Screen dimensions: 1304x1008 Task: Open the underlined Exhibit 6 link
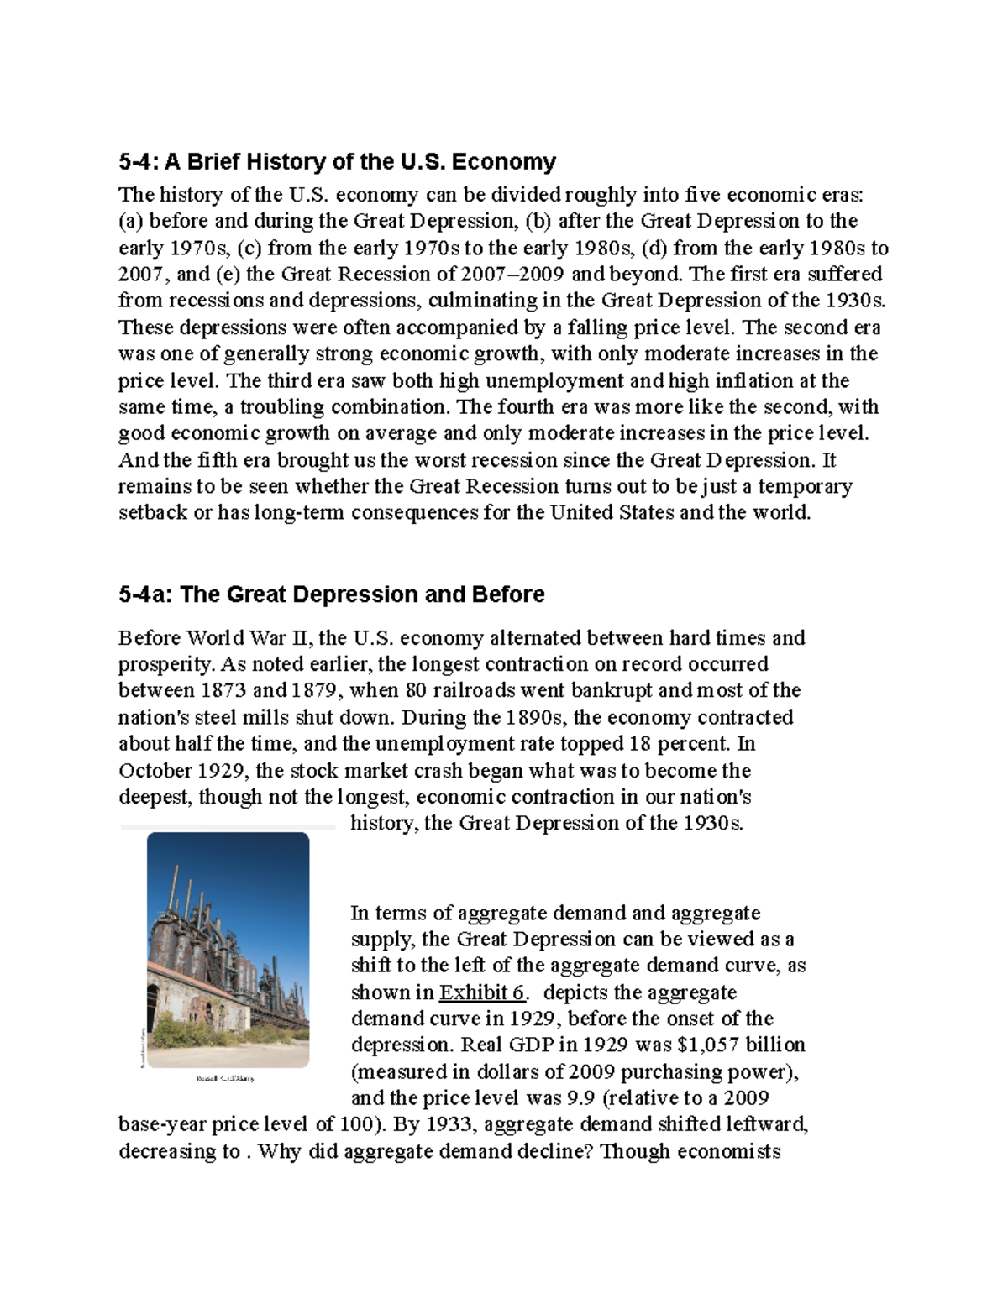(482, 992)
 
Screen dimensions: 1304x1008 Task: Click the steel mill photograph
(228, 950)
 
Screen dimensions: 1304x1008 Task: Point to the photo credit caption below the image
(224, 1078)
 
